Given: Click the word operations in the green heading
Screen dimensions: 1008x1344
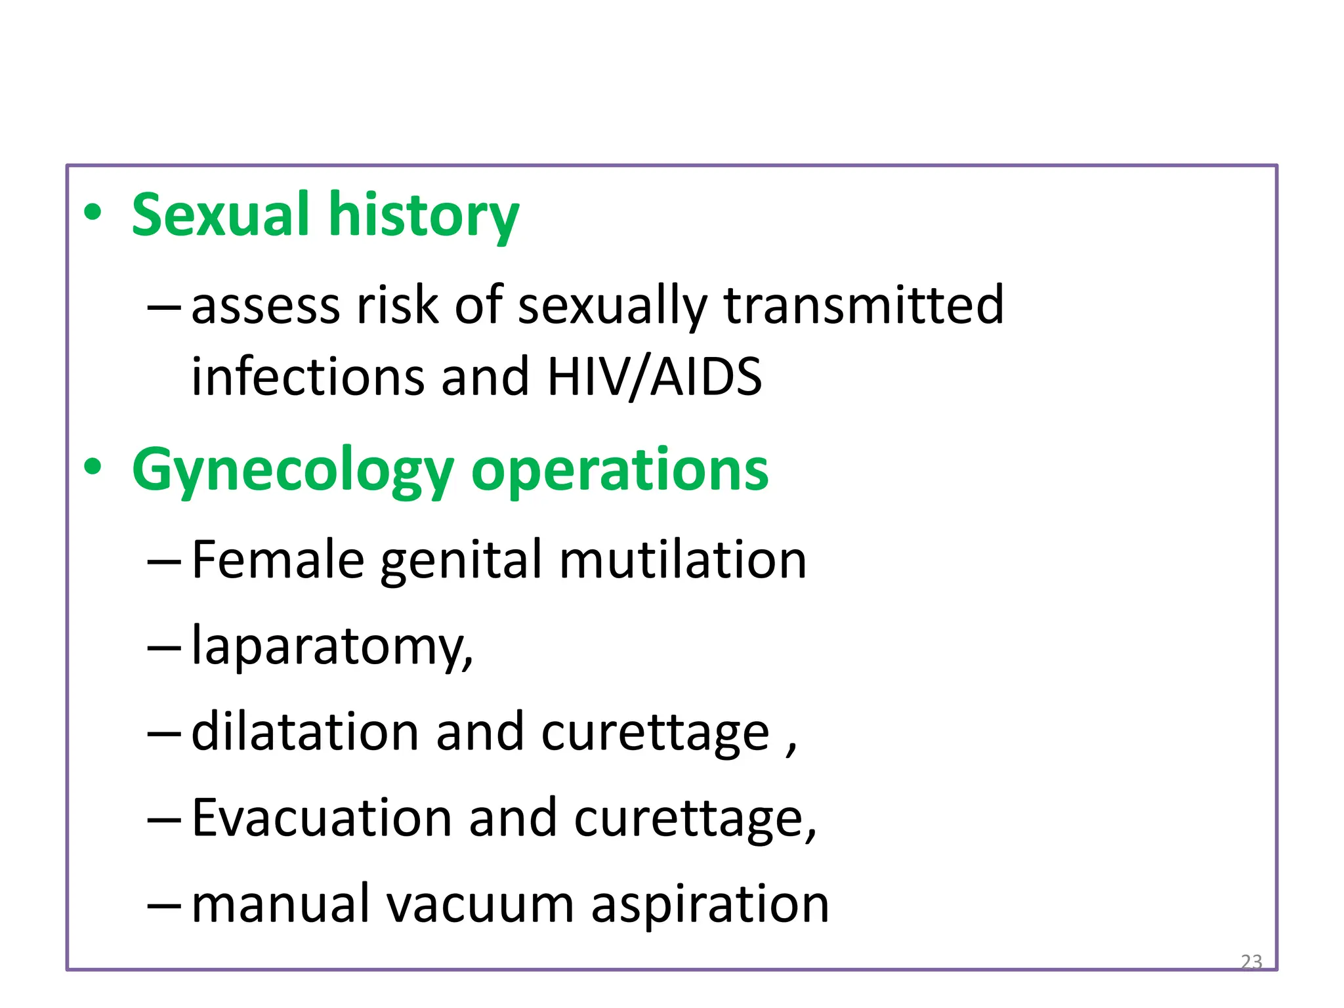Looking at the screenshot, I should [619, 470].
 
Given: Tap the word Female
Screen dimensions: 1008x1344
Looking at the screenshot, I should [278, 559].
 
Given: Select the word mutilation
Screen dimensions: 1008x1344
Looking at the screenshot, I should [682, 559].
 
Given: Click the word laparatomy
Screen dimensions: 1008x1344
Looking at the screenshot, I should [331, 647].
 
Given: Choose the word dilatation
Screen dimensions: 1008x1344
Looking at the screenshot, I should [305, 732].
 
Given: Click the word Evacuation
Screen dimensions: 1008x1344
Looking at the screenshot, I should [322, 818].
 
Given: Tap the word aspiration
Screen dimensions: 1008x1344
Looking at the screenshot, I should [710, 904].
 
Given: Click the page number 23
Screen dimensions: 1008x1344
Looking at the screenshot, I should [1251, 961].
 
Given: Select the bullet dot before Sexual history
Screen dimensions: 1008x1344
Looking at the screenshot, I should [93, 213].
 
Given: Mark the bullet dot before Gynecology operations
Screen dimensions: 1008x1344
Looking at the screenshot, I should [93, 467].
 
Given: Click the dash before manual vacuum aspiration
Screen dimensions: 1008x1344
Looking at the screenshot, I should [163, 905].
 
